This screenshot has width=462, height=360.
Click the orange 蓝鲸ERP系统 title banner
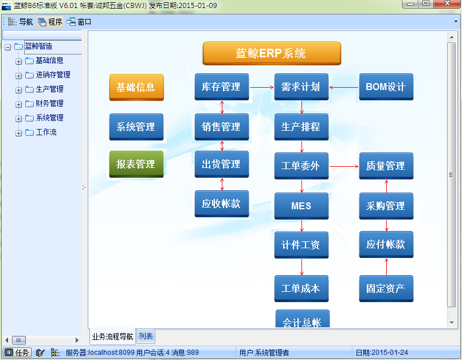pos(272,53)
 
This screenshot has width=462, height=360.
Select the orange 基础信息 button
pos(136,87)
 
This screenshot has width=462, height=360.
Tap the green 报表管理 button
pos(136,164)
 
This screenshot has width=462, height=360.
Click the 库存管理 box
pos(222,87)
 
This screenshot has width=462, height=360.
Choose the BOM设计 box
pos(386,87)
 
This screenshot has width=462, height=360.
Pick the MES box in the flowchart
pos(302,206)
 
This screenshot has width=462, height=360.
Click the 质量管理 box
pos(386,166)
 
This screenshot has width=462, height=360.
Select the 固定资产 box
pos(386,288)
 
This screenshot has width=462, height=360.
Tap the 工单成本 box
pos(302,288)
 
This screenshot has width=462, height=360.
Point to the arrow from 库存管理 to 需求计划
pos(261,87)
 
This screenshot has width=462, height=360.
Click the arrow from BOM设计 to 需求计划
pos(344,87)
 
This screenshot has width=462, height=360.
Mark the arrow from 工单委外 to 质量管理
pos(344,166)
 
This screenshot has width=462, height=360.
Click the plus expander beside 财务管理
pos(18,104)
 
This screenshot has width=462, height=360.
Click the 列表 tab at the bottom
pos(146,336)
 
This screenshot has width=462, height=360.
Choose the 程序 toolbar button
pos(50,22)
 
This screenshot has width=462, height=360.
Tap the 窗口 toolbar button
pos(79,22)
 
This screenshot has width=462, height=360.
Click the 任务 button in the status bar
pos(17,353)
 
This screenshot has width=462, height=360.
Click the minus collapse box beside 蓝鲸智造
pos(8,47)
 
